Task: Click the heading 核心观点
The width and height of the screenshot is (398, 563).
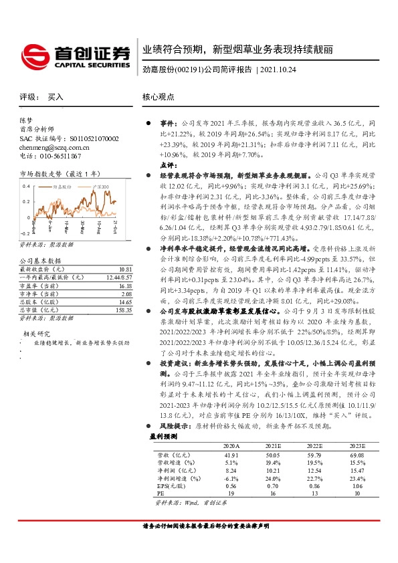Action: point(161,97)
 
